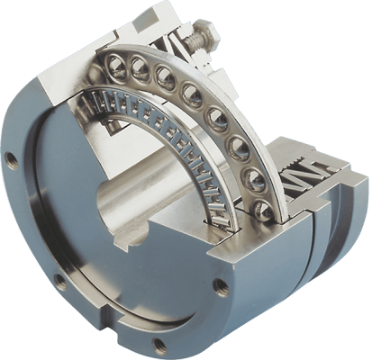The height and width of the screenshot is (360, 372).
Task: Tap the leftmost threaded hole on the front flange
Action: pyautogui.click(x=10, y=161)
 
